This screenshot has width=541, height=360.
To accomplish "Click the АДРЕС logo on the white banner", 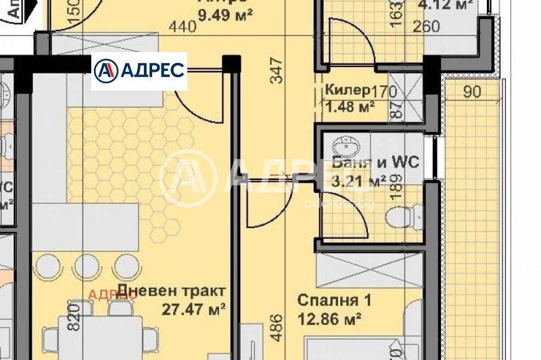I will pyautogui.click(x=139, y=71).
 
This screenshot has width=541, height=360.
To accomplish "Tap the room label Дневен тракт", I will pyautogui.click(x=170, y=292).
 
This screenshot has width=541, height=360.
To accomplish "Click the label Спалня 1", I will pyautogui.click(x=335, y=299).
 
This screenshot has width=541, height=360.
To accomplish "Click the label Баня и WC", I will pyautogui.click(x=375, y=162).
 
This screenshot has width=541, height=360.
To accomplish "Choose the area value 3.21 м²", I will pyautogui.click(x=359, y=181).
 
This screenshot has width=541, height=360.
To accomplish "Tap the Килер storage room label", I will pyautogui.click(x=347, y=90).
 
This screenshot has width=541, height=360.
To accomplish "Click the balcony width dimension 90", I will pyautogui.click(x=473, y=92).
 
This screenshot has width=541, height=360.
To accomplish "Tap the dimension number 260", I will pyautogui.click(x=426, y=27).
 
